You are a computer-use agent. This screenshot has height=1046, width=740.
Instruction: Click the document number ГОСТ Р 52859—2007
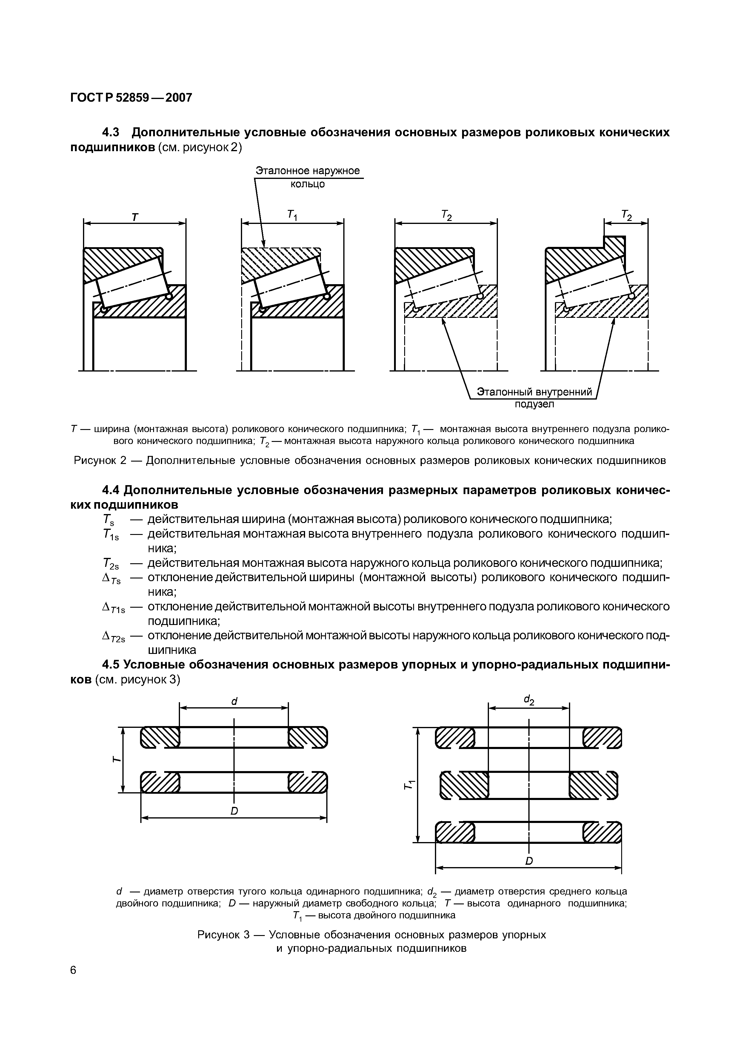click(131, 98)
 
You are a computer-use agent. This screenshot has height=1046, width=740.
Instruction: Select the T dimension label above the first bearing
click(135, 217)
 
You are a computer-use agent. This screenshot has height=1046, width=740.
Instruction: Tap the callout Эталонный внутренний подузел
click(534, 397)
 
